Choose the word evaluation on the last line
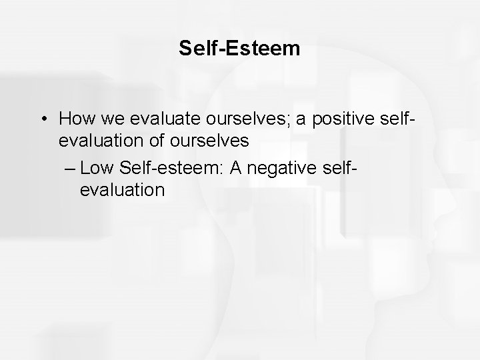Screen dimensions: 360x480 pos(122,190)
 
